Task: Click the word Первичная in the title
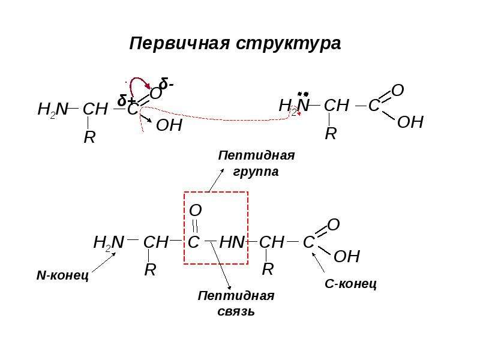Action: (x=179, y=43)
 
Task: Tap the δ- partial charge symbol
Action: (x=166, y=83)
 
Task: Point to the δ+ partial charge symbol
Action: (x=127, y=100)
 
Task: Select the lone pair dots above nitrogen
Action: (x=303, y=94)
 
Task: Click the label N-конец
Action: (x=63, y=275)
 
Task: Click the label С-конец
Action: (x=350, y=284)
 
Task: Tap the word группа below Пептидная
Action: (x=256, y=172)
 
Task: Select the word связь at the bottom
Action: (x=236, y=311)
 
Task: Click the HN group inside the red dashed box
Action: (x=232, y=242)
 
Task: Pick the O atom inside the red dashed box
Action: (x=196, y=211)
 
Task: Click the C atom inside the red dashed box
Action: (x=193, y=242)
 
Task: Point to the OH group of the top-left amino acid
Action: (x=169, y=125)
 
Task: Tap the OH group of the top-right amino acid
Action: (x=410, y=122)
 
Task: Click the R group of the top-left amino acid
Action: (x=89, y=137)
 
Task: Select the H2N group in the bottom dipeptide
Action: (x=109, y=242)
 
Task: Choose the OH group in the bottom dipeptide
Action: (x=347, y=256)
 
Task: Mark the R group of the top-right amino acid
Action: (x=331, y=133)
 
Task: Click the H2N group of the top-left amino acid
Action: (x=53, y=109)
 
